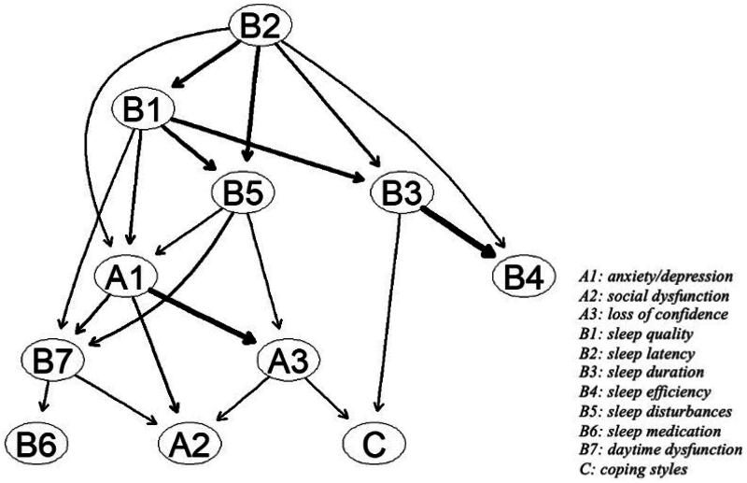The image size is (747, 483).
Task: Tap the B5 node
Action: (246, 196)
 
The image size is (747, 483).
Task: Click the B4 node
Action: (520, 278)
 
